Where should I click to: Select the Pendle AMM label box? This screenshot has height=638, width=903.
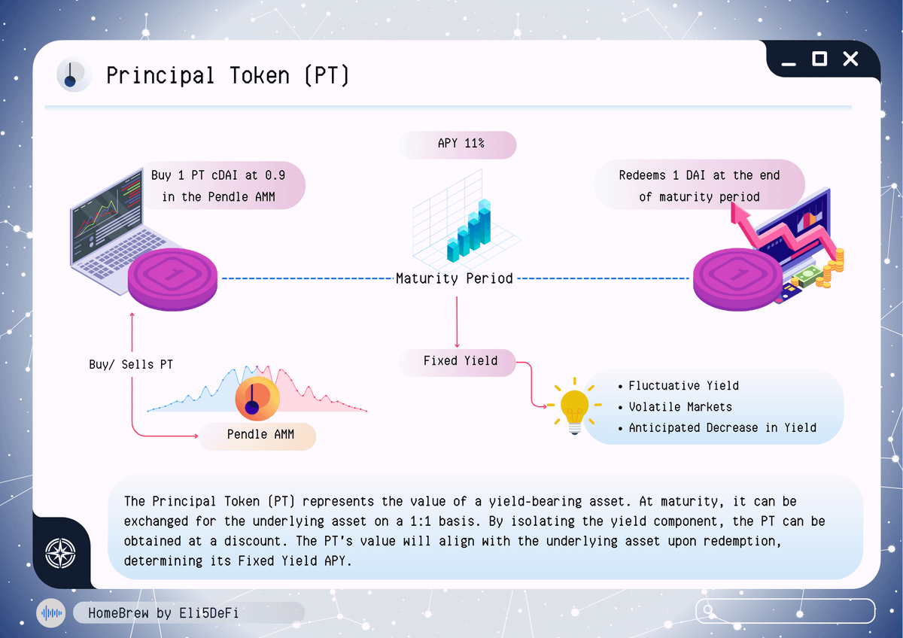tap(257, 436)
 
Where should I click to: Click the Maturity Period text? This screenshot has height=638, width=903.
tap(455, 278)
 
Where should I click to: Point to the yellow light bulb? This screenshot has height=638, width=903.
tap(574, 406)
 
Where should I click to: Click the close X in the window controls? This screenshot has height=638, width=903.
tap(850, 59)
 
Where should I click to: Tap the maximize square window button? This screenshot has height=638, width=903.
tap(819, 59)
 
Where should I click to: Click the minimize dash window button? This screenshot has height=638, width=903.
tap(788, 64)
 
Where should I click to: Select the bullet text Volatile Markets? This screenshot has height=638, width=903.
tap(680, 407)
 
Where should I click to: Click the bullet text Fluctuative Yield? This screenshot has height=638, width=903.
tap(683, 386)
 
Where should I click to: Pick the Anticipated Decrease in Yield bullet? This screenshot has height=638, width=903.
tap(722, 427)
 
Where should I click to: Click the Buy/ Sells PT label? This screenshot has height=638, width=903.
tap(131, 364)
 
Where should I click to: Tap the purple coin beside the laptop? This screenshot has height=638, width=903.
tap(172, 279)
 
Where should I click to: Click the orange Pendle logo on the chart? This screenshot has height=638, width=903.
tap(257, 398)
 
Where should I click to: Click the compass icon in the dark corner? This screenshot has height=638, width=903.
tap(60, 553)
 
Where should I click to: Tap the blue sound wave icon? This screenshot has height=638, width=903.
tap(51, 613)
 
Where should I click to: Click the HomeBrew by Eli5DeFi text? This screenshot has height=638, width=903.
tap(163, 613)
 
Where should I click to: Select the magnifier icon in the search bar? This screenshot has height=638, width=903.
tap(708, 610)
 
